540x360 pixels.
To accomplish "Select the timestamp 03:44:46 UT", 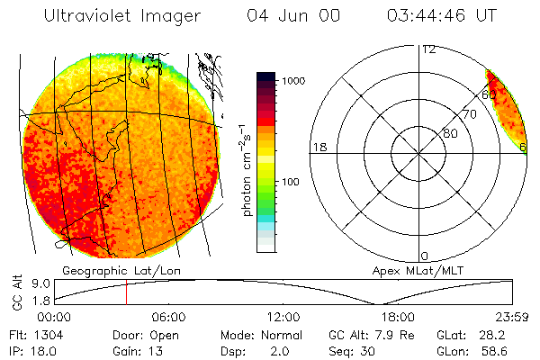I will (442, 16).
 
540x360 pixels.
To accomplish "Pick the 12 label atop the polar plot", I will (429, 49).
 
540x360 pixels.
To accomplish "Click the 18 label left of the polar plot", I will (319, 147).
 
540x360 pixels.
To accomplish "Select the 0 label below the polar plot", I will (425, 256).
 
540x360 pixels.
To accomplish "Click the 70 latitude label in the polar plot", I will (469, 115).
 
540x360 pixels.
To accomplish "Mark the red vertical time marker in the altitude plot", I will (126, 292).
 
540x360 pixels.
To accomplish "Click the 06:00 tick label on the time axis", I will (168, 317).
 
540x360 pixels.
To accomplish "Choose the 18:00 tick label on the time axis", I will (398, 317).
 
